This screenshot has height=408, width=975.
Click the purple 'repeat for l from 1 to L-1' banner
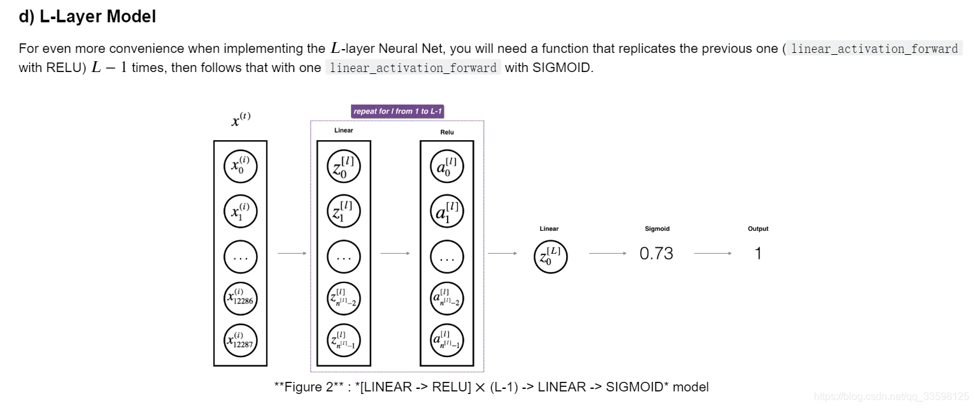click(x=397, y=111)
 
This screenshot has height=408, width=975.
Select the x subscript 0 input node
click(x=240, y=167)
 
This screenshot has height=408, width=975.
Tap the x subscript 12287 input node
click(x=240, y=340)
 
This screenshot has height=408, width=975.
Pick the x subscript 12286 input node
click(x=240, y=297)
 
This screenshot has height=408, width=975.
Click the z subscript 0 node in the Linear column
click(x=343, y=167)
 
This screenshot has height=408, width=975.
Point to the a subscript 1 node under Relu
click(x=446, y=211)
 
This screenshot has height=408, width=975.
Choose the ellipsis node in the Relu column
click(x=446, y=256)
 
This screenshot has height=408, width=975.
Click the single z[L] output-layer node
click(x=550, y=256)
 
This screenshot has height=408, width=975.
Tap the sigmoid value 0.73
click(x=656, y=254)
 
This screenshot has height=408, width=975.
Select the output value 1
click(x=758, y=254)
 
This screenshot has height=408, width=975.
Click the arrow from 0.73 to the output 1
click(x=713, y=254)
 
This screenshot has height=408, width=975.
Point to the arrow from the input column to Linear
click(x=292, y=254)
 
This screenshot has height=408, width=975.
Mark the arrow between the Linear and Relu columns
click(x=395, y=254)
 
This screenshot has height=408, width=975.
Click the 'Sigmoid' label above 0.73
click(x=657, y=229)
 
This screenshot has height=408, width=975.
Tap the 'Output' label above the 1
click(x=758, y=229)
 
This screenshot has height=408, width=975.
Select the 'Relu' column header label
click(x=446, y=132)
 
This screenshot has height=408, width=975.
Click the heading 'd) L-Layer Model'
click(x=87, y=17)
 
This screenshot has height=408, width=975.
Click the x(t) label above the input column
click(x=241, y=119)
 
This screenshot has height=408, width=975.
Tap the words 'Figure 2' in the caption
click(x=308, y=387)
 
